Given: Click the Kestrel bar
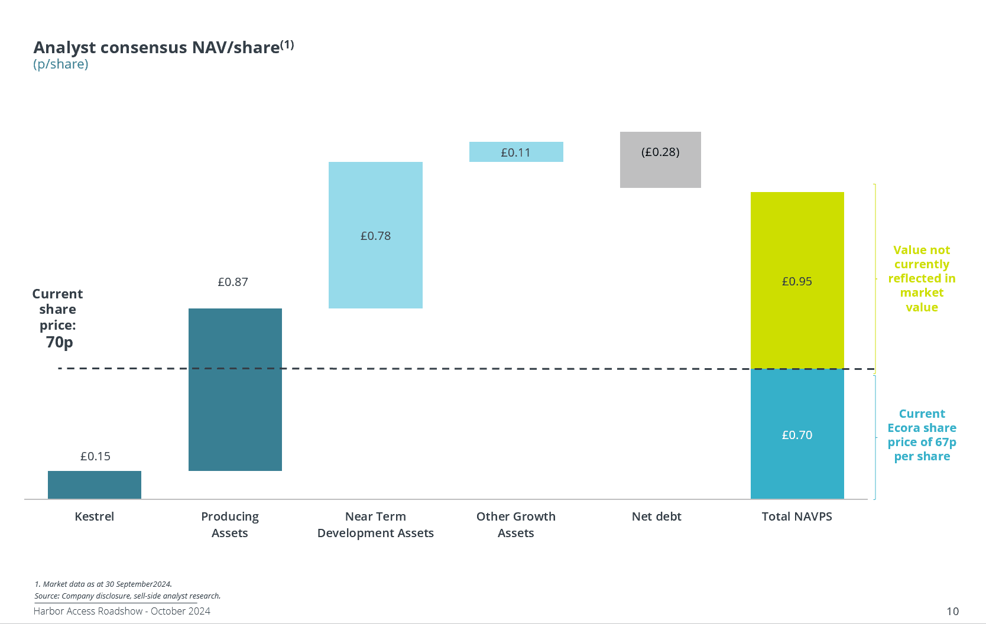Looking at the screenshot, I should (95, 485).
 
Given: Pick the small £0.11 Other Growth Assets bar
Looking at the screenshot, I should (516, 152).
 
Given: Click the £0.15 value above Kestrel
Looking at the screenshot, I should (95, 456).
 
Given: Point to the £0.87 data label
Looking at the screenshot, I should (233, 282).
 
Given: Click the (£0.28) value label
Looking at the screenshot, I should (660, 152).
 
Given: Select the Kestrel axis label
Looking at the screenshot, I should (95, 516).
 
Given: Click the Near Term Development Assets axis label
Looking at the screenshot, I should (375, 525).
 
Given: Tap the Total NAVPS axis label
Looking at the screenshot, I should (797, 516).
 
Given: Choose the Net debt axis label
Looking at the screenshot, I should (656, 516).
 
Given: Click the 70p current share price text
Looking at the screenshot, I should (59, 342).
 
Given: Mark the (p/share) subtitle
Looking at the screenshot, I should (61, 64).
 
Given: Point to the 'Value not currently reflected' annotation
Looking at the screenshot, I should (922, 278).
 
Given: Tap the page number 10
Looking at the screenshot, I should (952, 611).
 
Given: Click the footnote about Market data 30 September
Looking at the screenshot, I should (103, 584).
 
